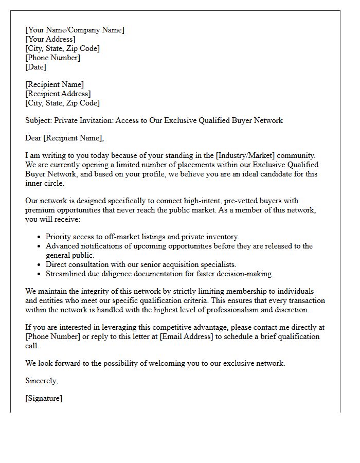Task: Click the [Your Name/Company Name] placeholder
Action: click(75, 30)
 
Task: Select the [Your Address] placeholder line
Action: click(50, 39)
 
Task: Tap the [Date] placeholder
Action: click(35, 67)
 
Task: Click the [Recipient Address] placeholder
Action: click(58, 94)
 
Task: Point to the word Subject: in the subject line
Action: click(39, 120)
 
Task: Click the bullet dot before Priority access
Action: click(40, 237)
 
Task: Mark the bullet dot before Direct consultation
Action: click(40, 265)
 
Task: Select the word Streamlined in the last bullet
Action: click(66, 274)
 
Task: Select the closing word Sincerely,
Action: click(41, 381)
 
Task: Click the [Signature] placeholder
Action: click(43, 398)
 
